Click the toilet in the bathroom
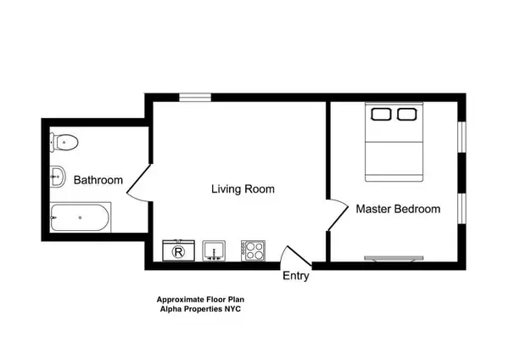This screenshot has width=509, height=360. pyautogui.click(x=67, y=142)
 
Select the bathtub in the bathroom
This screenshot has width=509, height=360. pyautogui.click(x=80, y=218)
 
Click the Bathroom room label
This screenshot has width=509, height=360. pyautogui.click(x=98, y=181)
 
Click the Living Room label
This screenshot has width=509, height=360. pyautogui.click(x=243, y=189)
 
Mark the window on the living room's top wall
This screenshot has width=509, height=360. pyautogui.click(x=195, y=98)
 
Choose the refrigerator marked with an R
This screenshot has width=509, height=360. pyautogui.click(x=179, y=250)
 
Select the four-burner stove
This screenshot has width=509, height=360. pyautogui.click(x=254, y=250)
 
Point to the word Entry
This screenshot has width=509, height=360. pyautogui.click(x=296, y=276)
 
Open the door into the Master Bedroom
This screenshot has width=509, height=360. pyautogui.click(x=337, y=215)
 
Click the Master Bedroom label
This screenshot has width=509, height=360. pyautogui.click(x=398, y=209)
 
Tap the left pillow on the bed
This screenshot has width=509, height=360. pyautogui.click(x=380, y=113)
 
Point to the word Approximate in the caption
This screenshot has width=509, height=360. pyautogui.click(x=181, y=299)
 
